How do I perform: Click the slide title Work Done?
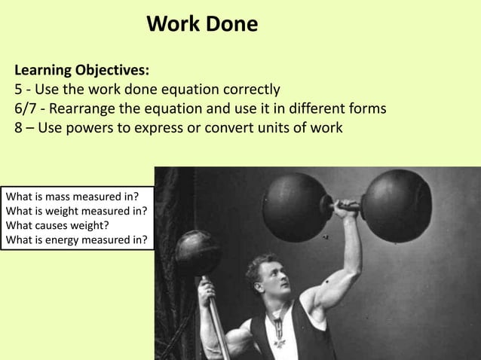(201, 24)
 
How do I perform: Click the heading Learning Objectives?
(81, 71)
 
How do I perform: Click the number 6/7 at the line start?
(28, 108)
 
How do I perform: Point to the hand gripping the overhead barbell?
(347, 209)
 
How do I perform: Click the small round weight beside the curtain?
(198, 252)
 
